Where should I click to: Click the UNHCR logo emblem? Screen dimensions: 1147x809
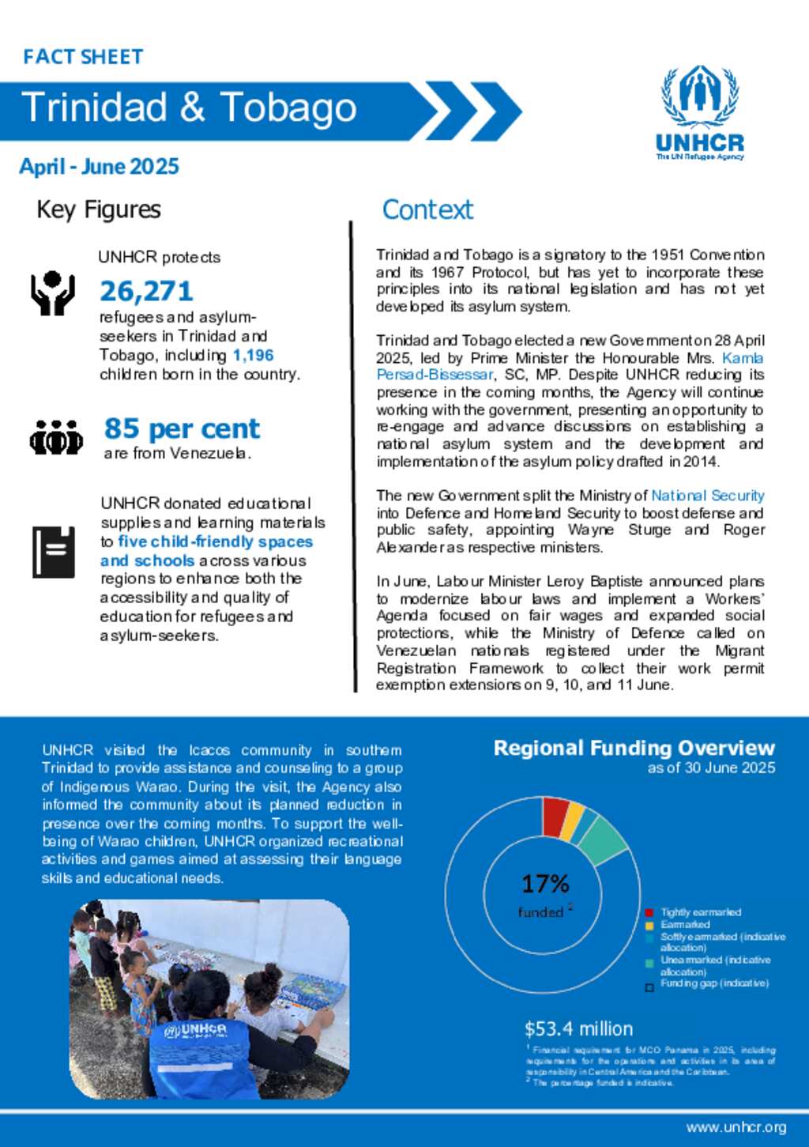(x=700, y=96)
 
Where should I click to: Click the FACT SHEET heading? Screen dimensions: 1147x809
(x=83, y=57)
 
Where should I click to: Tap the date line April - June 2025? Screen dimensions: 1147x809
(x=100, y=167)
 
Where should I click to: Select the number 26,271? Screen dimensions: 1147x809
(x=146, y=291)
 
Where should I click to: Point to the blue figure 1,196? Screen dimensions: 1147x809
(x=253, y=356)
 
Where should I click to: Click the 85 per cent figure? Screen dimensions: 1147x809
(x=182, y=428)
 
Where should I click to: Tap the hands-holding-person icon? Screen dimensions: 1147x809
(x=52, y=293)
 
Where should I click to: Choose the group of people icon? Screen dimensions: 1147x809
(x=56, y=437)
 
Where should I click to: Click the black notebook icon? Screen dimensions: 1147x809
(x=54, y=552)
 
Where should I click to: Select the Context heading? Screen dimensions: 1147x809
(x=427, y=210)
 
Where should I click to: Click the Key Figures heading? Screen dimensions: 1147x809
(x=99, y=210)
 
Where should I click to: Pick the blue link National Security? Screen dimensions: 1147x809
(x=707, y=496)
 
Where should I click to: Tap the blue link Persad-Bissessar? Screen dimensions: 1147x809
(x=435, y=375)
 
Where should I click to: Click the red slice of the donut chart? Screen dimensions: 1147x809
(x=555, y=816)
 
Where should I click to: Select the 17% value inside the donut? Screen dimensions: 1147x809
(x=545, y=884)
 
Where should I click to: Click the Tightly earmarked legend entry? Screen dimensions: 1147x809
(x=700, y=912)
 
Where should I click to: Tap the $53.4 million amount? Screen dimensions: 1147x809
(x=578, y=1029)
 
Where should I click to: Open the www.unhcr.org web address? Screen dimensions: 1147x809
(x=736, y=1127)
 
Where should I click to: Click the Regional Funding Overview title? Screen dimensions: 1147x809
(x=634, y=749)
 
